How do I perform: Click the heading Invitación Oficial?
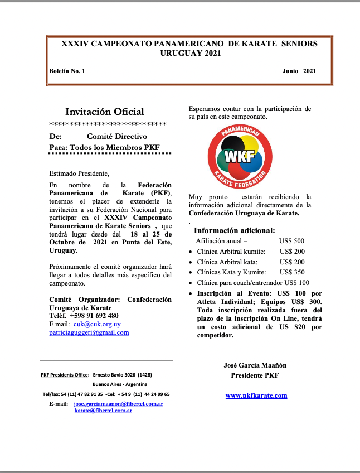click(104, 112)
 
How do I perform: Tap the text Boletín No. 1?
click(67, 71)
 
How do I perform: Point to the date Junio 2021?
click(299, 71)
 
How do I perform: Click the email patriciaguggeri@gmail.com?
click(89, 332)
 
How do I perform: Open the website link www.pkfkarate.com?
click(256, 395)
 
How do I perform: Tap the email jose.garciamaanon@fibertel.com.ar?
click(118, 403)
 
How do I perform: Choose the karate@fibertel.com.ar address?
click(103, 410)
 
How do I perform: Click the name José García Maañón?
click(255, 365)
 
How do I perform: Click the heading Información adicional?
click(233, 230)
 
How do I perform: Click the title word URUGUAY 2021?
click(190, 53)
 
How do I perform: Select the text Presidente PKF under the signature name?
click(255, 375)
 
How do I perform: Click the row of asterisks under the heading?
click(108, 124)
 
